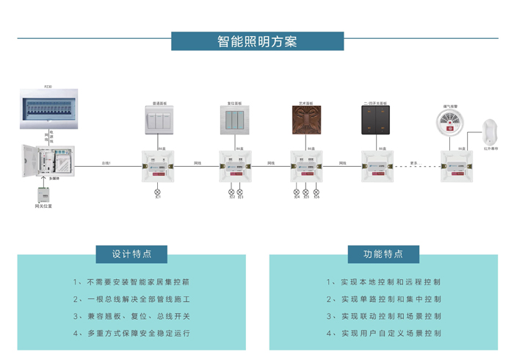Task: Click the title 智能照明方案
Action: pos(257,41)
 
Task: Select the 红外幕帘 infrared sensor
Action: pos(491,132)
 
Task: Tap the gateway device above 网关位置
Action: pos(43,194)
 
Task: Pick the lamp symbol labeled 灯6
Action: pos(316,191)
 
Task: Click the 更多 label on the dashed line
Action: pos(413,162)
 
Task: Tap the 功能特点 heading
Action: pos(383,254)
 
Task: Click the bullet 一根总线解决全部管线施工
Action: pos(132,299)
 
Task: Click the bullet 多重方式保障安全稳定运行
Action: pos(132,333)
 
